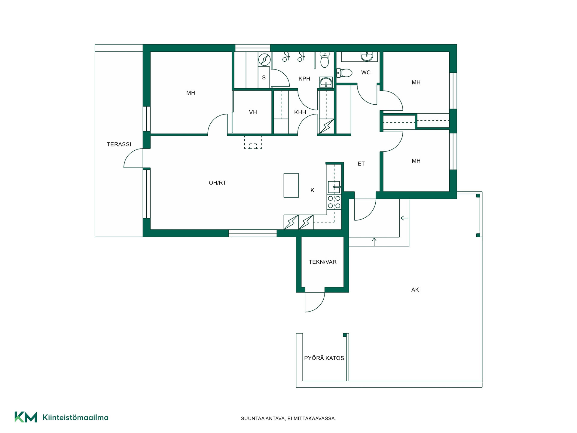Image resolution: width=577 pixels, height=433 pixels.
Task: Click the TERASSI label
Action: [x=119, y=144]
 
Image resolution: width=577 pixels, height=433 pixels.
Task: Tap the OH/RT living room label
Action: [x=217, y=183]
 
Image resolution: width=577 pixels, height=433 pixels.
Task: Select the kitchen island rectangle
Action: [x=291, y=185]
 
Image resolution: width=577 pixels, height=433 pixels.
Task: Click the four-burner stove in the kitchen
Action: [x=334, y=202]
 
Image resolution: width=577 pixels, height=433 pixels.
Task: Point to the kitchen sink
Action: [x=334, y=187]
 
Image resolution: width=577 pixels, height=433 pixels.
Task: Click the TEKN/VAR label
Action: [x=322, y=262]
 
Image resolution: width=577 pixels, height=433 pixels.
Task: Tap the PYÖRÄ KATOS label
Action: [x=324, y=358]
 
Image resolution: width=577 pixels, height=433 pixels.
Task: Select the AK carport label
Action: [x=415, y=290]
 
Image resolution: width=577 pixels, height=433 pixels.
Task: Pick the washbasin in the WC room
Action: [x=367, y=56]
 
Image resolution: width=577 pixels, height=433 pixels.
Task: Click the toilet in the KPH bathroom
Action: [x=325, y=60]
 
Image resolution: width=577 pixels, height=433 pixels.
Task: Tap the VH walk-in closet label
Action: [x=253, y=112]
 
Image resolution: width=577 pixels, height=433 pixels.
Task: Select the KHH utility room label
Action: [x=300, y=112]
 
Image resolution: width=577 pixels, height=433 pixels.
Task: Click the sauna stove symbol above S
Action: [x=264, y=60]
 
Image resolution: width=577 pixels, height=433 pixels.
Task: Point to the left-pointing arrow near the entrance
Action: [x=405, y=218]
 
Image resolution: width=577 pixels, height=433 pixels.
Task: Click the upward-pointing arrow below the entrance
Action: [x=374, y=242]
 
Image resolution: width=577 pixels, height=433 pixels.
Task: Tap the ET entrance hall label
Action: [x=361, y=164]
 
